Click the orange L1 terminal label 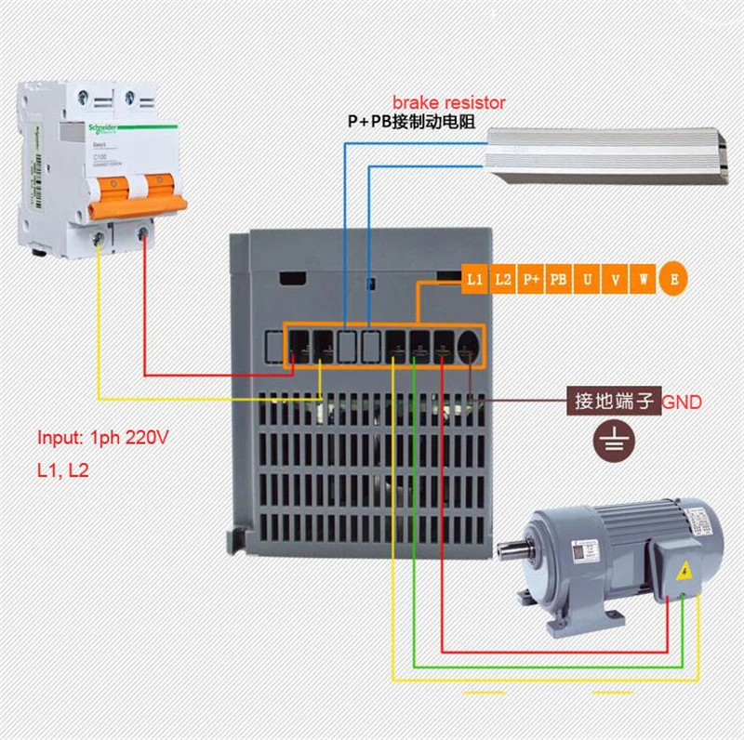click(x=475, y=279)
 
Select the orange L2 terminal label click(x=503, y=279)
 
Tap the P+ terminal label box click(x=531, y=279)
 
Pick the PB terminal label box click(x=559, y=279)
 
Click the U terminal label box click(x=587, y=279)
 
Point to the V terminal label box click(x=615, y=279)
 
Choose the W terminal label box click(x=643, y=279)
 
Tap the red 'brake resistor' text click(x=448, y=102)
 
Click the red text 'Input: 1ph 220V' click(x=102, y=438)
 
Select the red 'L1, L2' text click(x=63, y=471)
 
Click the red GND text click(x=682, y=403)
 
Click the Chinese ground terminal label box click(x=615, y=403)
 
